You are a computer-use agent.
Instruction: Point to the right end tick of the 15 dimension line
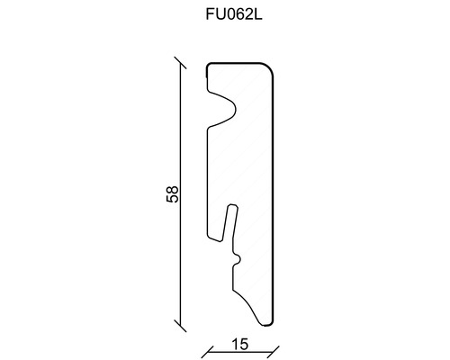pos(274,348)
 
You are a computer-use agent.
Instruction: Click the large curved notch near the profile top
pos(225,108)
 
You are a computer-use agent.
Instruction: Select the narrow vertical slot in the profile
pos(229,229)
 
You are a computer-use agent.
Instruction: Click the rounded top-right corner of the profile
pos(270,68)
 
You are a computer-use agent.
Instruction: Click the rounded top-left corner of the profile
pos(210,67)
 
